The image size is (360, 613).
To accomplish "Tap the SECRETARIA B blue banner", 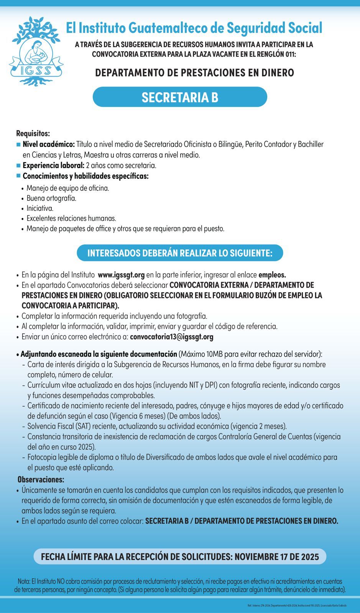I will pos(180,97).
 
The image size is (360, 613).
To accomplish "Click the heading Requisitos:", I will pos(33,133).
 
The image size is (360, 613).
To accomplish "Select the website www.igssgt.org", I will pos(121,275).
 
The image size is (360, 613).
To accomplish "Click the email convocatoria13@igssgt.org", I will pos(172,337).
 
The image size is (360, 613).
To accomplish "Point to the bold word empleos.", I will pos(272,275).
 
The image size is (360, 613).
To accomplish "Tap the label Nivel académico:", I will pos(49,144).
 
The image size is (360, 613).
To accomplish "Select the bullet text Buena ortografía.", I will pos(51,198).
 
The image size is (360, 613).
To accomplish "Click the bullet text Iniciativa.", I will pos(40,208).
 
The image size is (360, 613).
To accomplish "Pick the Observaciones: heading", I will pos(41,479).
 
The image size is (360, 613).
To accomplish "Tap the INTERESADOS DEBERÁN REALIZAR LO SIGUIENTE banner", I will pos(180,253).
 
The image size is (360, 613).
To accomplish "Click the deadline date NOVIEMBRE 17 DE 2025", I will pos(276,557).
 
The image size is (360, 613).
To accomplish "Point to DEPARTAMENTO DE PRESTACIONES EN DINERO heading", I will pos(194,72).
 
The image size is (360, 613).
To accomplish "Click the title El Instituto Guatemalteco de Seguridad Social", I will pos(194,28).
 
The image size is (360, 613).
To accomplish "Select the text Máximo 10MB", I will pos(199,354).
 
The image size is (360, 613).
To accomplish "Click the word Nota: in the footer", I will pos(24,581).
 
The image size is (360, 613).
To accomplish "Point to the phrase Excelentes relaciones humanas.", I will pos(71,218).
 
